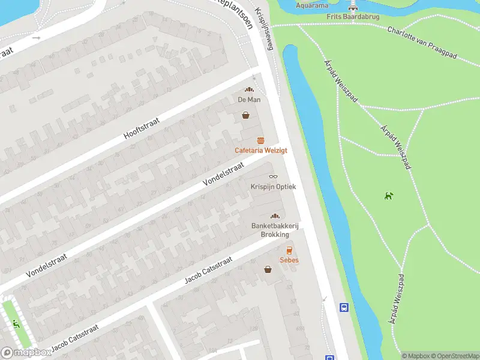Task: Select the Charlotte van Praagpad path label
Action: (422, 43)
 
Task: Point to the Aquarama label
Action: (313, 5)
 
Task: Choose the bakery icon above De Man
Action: (248, 89)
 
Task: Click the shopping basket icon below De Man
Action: (245, 115)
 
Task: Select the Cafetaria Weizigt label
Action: (260, 150)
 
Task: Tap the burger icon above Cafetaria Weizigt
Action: (260, 140)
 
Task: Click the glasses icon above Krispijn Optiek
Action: (273, 176)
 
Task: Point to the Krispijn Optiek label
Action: (273, 187)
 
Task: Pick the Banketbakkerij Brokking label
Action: (275, 230)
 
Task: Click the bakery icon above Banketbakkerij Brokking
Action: (275, 216)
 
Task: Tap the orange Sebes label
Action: (289, 260)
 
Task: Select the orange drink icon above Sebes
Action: (289, 250)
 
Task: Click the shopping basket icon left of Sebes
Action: (268, 269)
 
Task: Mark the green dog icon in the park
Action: (389, 195)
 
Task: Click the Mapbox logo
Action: (26, 353)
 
